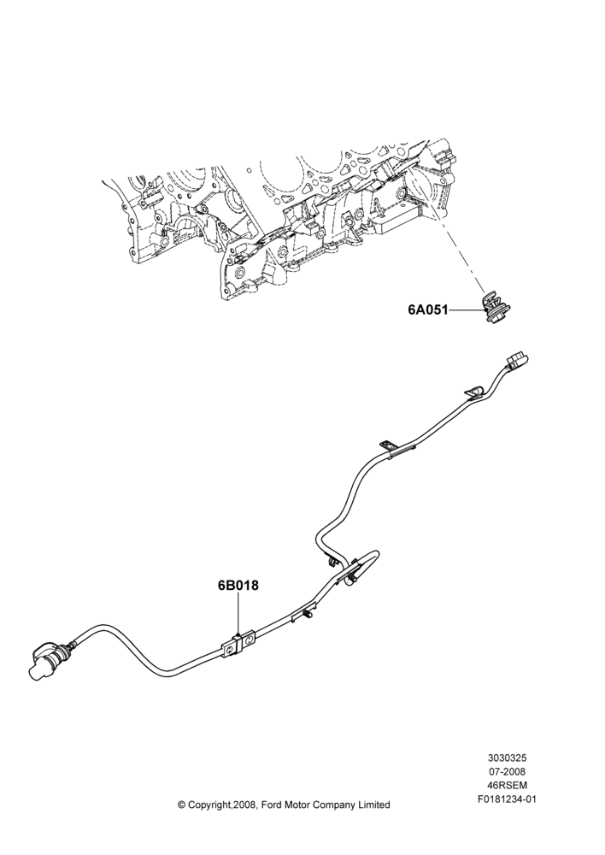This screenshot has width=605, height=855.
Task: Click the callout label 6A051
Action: (428, 310)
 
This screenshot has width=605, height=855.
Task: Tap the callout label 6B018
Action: (238, 586)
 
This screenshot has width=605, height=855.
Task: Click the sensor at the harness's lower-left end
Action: (52, 660)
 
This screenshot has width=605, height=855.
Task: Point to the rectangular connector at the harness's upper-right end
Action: (517, 361)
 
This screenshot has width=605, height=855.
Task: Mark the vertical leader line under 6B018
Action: (238, 614)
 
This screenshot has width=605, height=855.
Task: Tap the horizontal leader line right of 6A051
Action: (466, 311)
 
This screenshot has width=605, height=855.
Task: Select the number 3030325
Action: (507, 758)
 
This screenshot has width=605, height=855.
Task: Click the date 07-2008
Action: (507, 771)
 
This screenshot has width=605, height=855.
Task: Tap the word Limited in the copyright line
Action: (374, 805)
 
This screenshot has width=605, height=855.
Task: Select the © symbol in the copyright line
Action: (182, 805)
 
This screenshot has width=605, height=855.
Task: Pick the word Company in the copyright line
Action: (333, 805)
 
